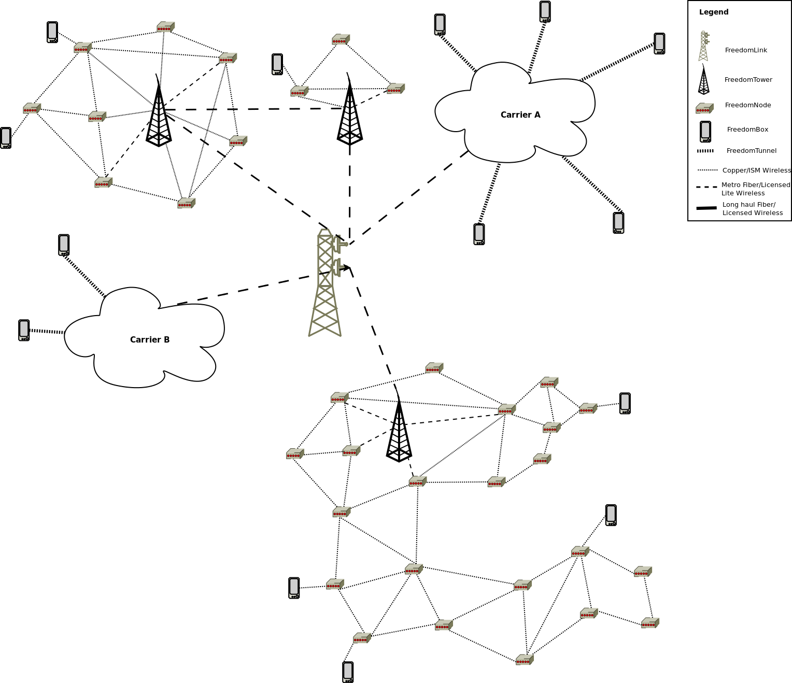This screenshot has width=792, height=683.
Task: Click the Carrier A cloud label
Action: (520, 115)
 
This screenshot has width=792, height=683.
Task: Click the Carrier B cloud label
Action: (150, 339)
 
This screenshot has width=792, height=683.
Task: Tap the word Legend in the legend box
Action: (714, 12)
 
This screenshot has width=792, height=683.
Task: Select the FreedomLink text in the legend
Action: (746, 50)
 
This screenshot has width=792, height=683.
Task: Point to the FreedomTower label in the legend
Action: (748, 80)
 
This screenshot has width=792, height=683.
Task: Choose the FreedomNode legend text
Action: (747, 105)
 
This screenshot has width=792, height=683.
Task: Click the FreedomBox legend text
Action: (747, 130)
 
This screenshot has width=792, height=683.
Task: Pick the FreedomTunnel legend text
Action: (751, 151)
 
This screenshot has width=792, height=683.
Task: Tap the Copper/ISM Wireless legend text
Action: (756, 170)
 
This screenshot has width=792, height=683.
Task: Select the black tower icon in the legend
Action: (703, 80)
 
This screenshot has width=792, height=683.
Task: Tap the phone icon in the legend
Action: (705, 132)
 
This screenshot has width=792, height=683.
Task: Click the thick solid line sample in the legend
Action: (706, 208)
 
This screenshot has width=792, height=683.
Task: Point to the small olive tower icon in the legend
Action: (703, 47)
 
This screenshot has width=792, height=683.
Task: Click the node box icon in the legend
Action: (704, 108)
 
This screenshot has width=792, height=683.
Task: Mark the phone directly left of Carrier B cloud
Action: (24, 330)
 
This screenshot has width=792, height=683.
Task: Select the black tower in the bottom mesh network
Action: (399, 430)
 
